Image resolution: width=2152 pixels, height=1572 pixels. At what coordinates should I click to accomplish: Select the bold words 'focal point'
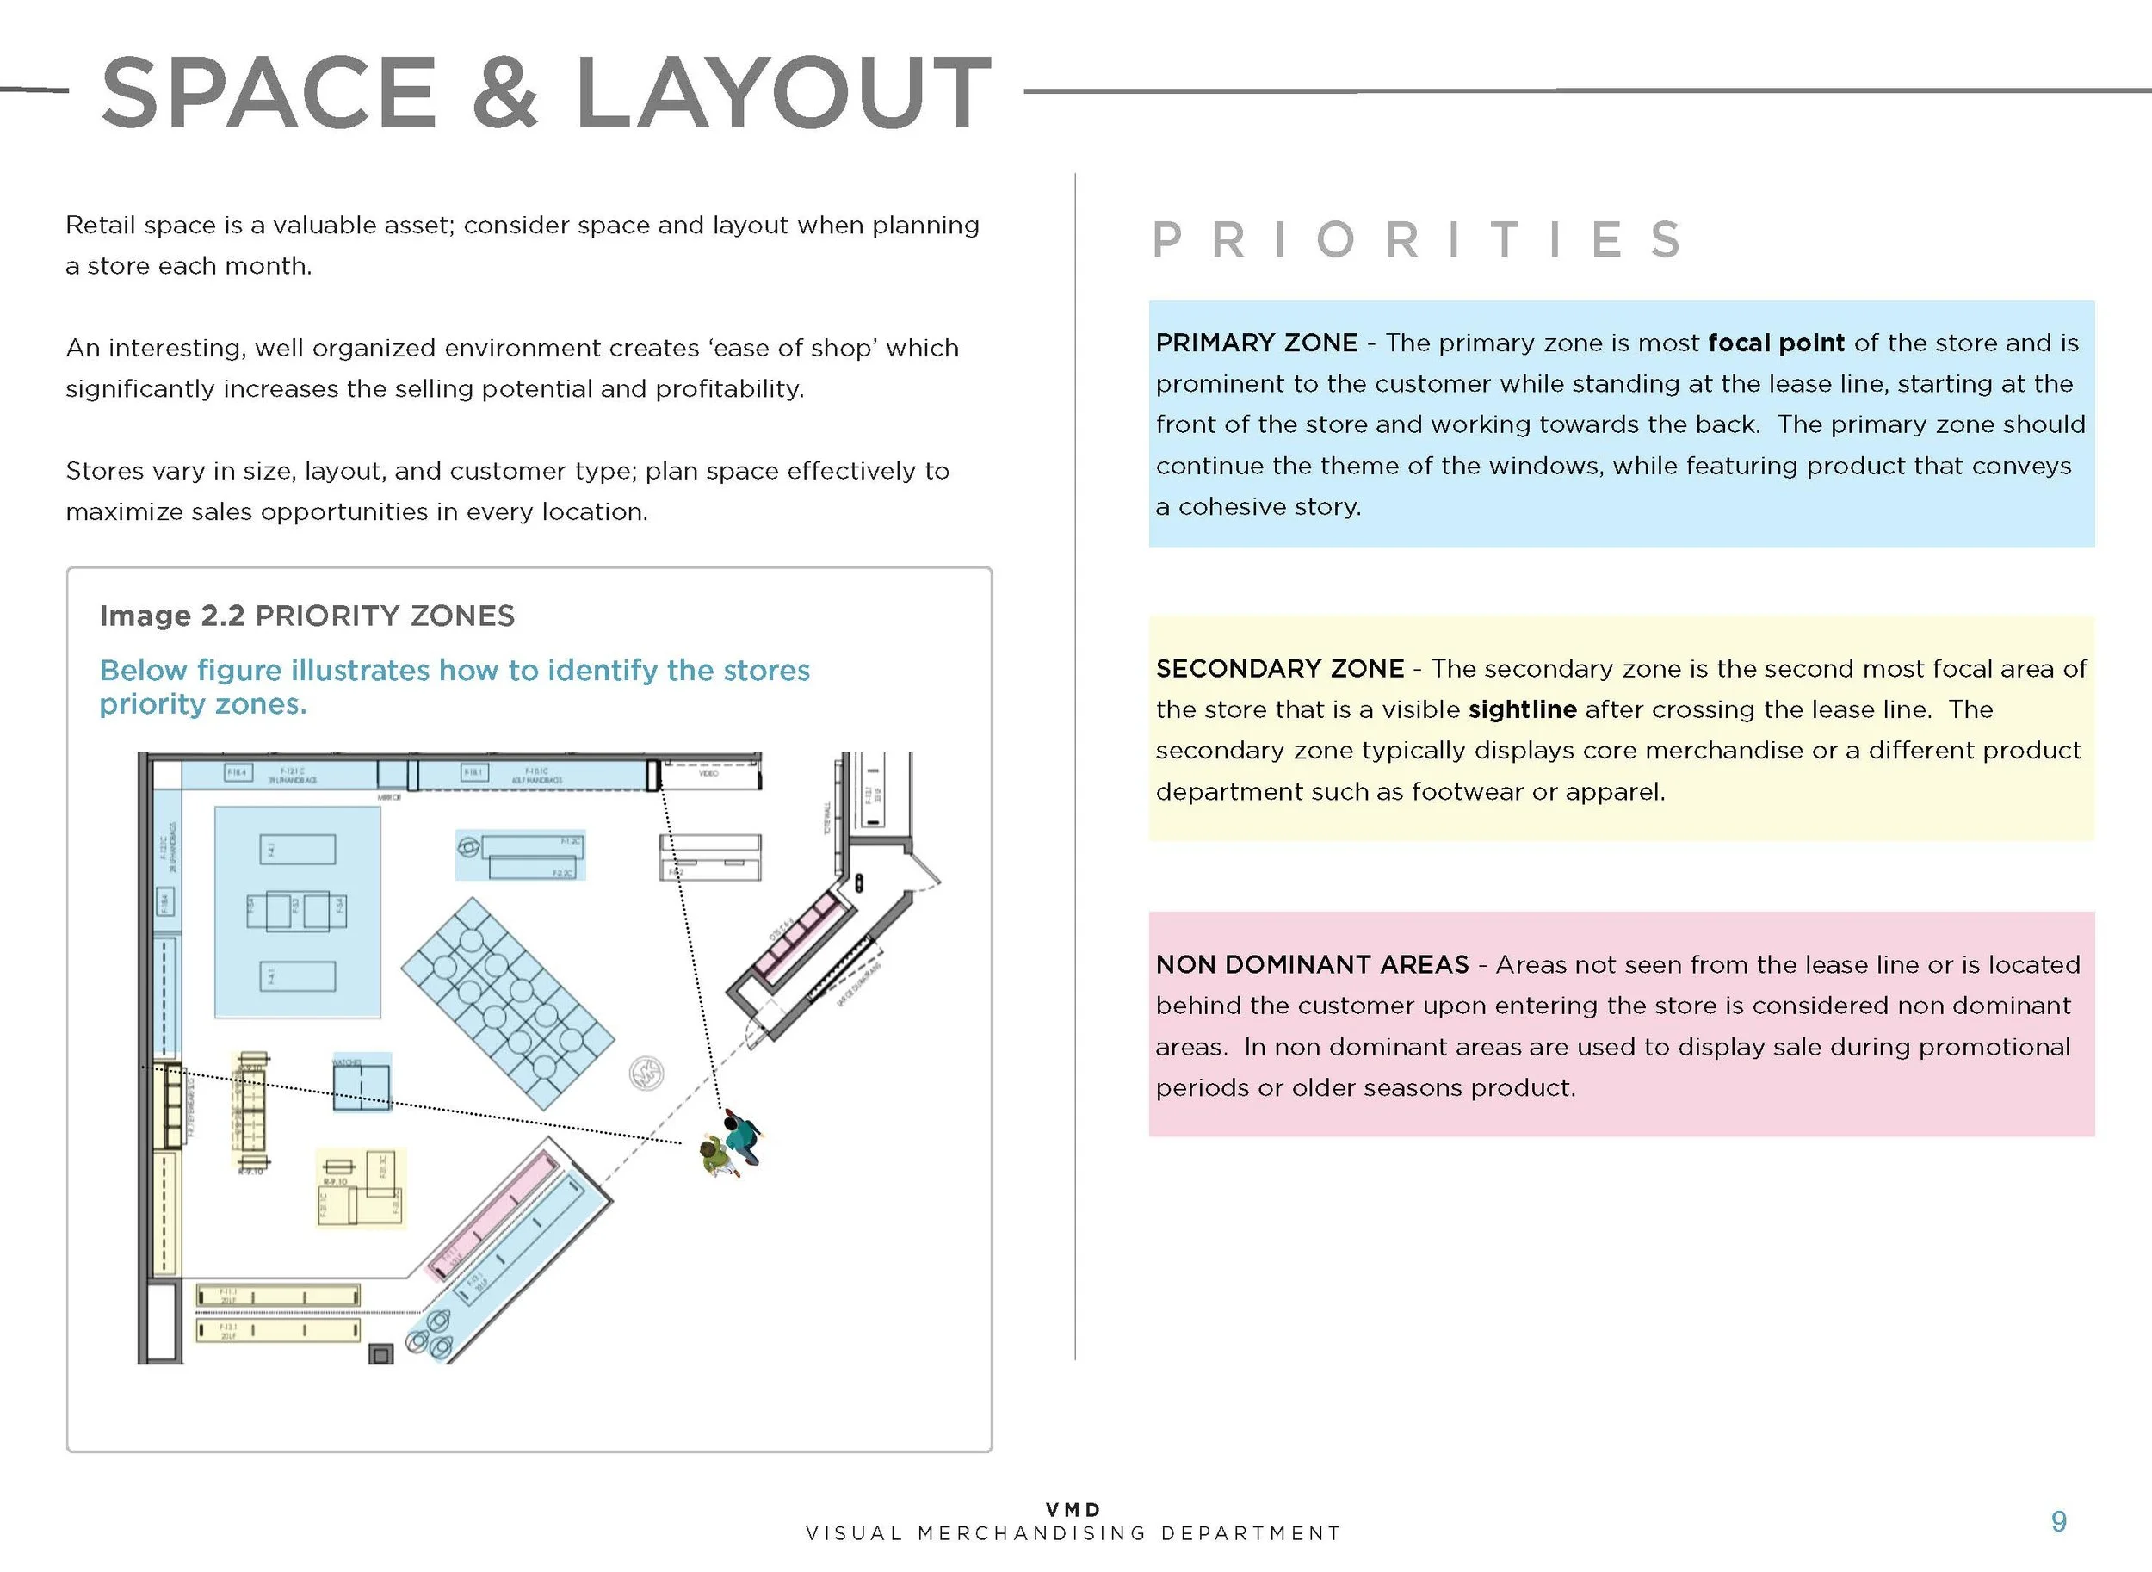[1775, 343]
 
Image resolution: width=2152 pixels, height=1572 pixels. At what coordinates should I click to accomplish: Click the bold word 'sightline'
[1522, 709]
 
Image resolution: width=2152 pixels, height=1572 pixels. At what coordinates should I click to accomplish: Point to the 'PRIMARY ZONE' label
[1256, 343]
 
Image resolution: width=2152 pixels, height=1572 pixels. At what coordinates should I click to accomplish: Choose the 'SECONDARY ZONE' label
[1280, 668]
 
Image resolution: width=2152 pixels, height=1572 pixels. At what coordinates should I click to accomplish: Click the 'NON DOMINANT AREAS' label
[1312, 964]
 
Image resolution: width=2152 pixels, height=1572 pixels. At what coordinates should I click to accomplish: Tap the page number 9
[2059, 1521]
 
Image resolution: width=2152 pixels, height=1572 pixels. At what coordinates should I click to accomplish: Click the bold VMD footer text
[1073, 1509]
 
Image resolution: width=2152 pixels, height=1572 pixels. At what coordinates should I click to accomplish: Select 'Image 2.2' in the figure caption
[172, 616]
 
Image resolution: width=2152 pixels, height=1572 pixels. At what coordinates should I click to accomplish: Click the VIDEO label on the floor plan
[708, 774]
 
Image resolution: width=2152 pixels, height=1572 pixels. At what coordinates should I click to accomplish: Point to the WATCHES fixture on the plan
[361, 1085]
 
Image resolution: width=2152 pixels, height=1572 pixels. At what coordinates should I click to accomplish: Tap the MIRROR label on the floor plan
[389, 797]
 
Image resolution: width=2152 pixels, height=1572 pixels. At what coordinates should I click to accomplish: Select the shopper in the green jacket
[714, 1156]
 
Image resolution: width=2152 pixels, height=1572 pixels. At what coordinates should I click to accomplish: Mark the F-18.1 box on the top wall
[473, 773]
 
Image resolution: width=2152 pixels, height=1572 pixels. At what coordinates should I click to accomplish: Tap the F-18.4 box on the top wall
[237, 773]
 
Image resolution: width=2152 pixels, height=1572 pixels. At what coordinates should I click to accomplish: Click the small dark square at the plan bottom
[381, 1354]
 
